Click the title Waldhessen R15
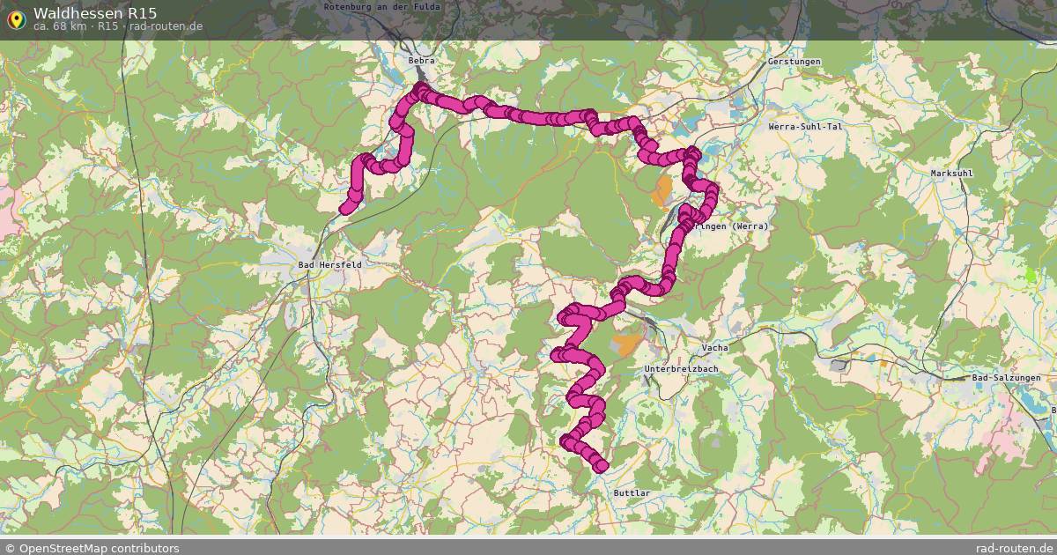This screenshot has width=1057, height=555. pos(95,12)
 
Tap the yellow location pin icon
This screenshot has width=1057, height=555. pos(16,18)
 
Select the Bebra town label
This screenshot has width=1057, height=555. pos(421,61)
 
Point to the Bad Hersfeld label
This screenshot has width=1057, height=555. pos(329,264)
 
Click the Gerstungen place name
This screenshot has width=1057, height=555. pos(794,62)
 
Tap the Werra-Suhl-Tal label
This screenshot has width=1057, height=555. pos(805,127)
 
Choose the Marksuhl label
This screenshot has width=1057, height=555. pos(951,174)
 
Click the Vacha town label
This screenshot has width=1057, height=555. pos(714,348)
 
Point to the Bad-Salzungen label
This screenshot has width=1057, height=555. pos(1006,378)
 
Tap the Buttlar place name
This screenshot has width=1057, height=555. pos(631,493)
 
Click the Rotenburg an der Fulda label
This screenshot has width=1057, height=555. pos(381,6)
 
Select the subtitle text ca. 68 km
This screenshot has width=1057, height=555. pos(60,26)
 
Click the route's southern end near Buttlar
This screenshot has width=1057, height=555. pos(602,465)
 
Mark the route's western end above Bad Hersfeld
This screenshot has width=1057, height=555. pos(346,208)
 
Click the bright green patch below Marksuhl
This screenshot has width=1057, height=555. pos(1031,275)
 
